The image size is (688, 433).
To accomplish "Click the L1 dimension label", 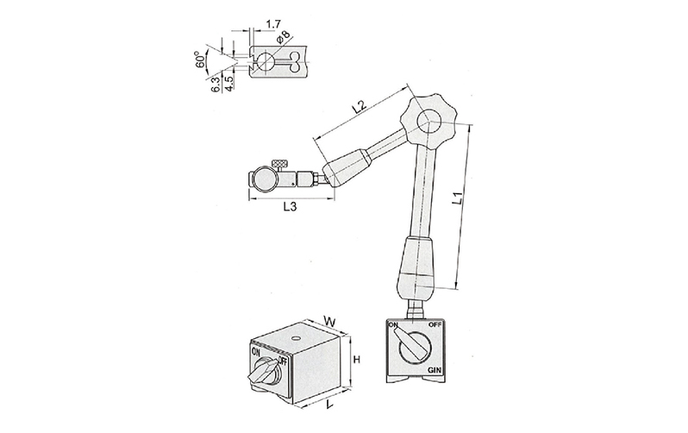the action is coord(458,198).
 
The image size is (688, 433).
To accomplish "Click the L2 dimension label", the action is coord(359,107).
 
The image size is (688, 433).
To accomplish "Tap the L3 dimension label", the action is coord(290,206).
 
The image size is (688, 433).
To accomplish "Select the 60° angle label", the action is coord(201,60).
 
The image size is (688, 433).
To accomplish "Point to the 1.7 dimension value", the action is coord(273,24).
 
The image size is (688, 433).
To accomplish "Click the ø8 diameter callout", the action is coord(283,37).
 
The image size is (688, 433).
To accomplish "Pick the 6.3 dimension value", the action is coord(216,84).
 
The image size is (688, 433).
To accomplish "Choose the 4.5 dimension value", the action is coord(228,84).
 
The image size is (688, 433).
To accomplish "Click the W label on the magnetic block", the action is coord(329,321).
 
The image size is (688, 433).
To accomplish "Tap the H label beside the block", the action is coord(357,360).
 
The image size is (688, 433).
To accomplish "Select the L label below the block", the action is coord(329,403).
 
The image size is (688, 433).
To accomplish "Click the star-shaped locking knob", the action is coord(428,119).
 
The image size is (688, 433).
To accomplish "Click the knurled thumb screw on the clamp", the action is coord(279,164).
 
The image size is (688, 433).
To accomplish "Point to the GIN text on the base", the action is coord(435,371).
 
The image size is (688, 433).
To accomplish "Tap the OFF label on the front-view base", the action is coord(435,325).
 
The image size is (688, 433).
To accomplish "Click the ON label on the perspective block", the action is coord(256,352).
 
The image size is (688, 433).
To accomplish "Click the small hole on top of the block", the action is coord(296,339).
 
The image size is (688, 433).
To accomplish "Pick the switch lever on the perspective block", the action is coord(263,370).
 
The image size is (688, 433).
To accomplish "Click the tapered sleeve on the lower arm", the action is coord(415,267).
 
